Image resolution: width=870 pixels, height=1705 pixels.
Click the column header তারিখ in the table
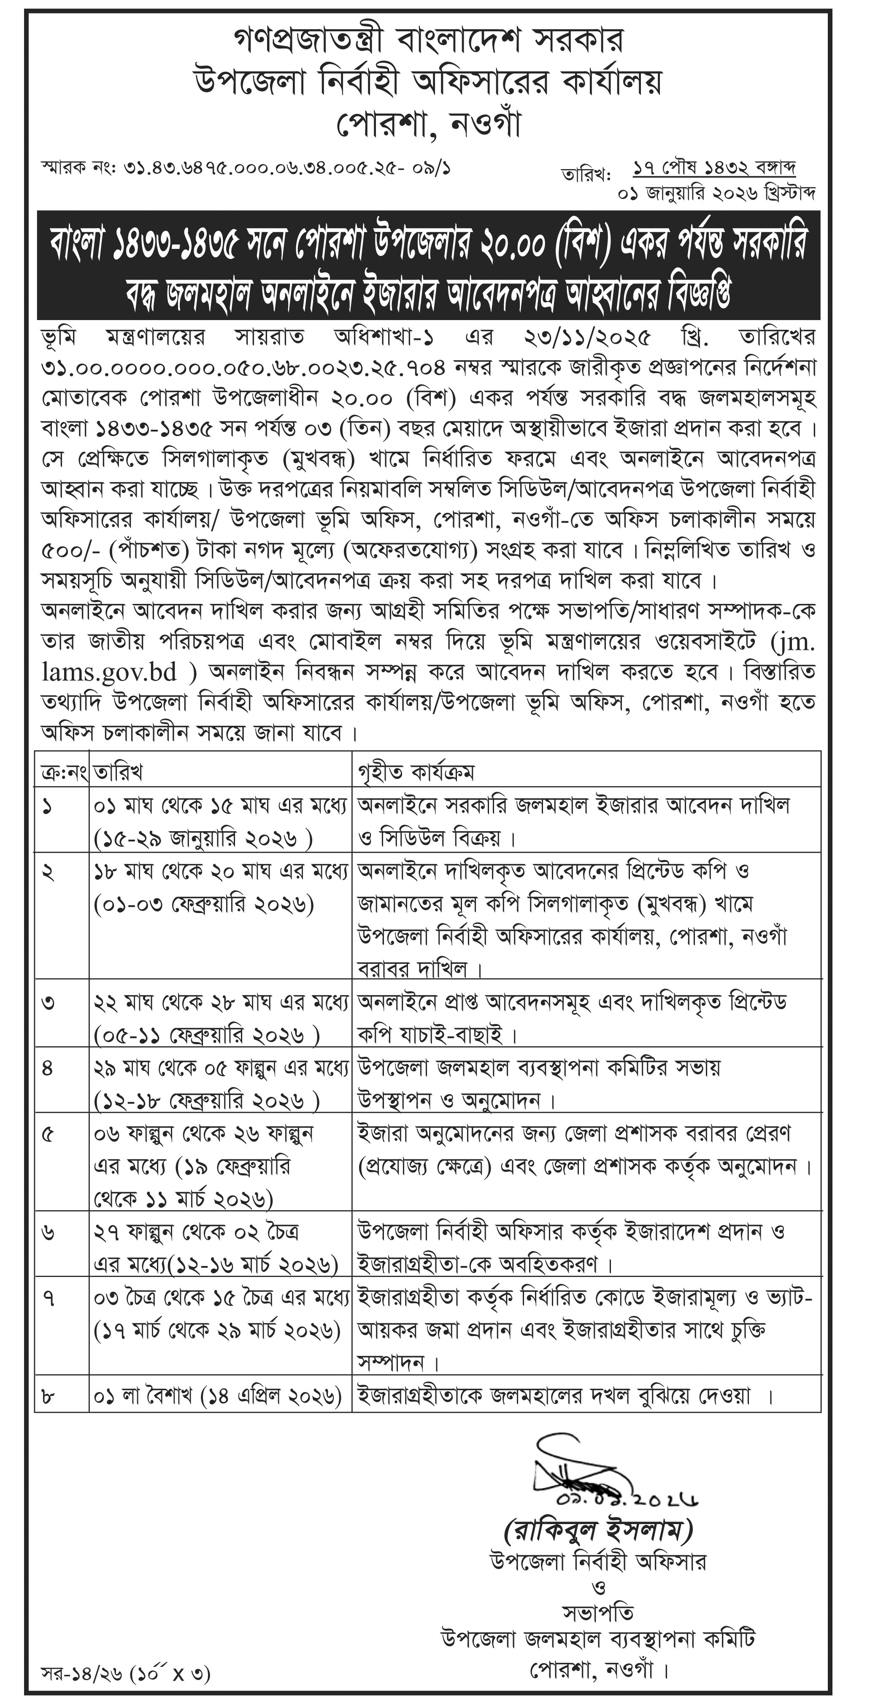point(119,772)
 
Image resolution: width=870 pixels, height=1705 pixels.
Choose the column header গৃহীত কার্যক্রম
point(416,772)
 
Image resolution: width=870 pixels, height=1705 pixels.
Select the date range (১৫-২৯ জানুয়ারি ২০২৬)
point(203,839)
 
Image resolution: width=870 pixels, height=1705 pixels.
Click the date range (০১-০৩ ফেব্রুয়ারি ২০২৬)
point(203,904)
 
